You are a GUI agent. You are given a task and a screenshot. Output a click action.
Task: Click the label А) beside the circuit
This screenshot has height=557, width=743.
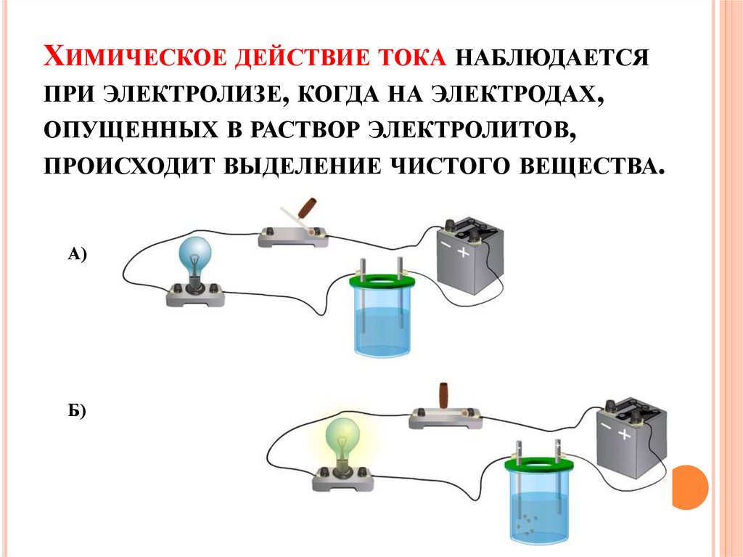(x=77, y=254)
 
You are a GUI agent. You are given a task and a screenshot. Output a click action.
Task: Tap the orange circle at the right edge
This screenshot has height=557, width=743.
(x=691, y=487)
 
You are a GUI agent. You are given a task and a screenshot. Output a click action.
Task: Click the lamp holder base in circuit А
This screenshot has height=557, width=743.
(x=194, y=295)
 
